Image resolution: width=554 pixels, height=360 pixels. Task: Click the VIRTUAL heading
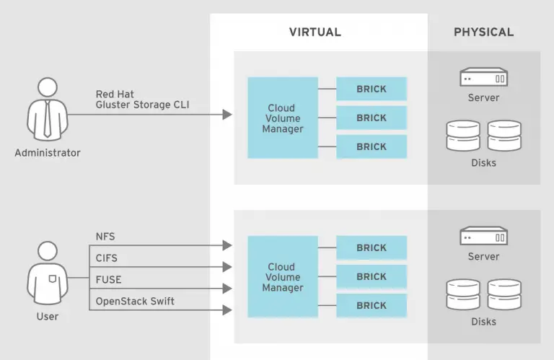pyautogui.click(x=315, y=32)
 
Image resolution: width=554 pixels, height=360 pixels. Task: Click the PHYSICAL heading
pyautogui.click(x=483, y=32)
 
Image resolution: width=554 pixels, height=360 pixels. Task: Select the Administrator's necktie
pyautogui.click(x=48, y=119)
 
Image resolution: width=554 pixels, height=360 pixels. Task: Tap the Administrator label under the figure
pyautogui.click(x=48, y=153)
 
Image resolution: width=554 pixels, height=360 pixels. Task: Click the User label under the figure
pyautogui.click(x=48, y=316)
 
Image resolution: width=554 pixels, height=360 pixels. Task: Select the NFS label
pyautogui.click(x=105, y=237)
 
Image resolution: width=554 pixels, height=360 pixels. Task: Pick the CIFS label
pyautogui.click(x=107, y=258)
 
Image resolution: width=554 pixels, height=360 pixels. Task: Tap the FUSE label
pyautogui.click(x=107, y=279)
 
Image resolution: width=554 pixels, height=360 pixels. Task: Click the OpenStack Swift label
pyautogui.click(x=135, y=301)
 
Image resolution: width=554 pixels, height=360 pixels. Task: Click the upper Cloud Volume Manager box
pyautogui.click(x=283, y=118)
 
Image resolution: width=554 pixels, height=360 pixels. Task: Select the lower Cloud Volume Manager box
pyautogui.click(x=283, y=277)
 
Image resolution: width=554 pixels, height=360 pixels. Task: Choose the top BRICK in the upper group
pyautogui.click(x=371, y=89)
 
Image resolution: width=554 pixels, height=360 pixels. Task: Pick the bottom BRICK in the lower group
pyautogui.click(x=371, y=305)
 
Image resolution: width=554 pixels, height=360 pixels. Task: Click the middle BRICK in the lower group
pyautogui.click(x=371, y=276)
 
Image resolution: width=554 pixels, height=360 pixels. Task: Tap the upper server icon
pyautogui.click(x=483, y=76)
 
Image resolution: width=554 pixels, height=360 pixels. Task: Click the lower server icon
pyautogui.click(x=483, y=235)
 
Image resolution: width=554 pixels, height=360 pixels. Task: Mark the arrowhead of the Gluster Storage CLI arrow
pyautogui.click(x=228, y=114)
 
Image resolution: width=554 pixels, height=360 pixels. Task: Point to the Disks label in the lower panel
pyautogui.click(x=483, y=322)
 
